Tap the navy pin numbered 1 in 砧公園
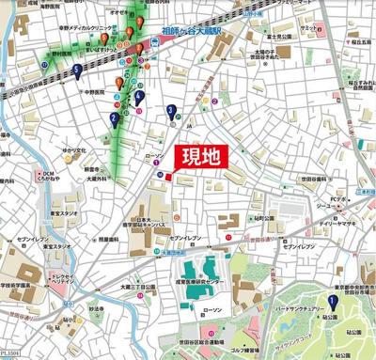(331, 302)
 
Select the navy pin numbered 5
(75, 70)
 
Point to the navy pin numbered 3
(170, 112)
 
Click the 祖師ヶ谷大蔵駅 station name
(192, 31)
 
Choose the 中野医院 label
(95, 93)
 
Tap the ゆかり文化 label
(75, 149)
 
